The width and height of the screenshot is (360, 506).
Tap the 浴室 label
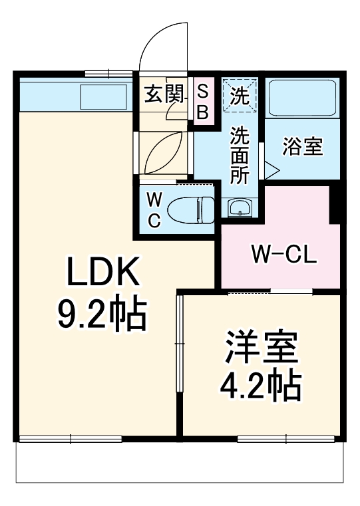coord(303,147)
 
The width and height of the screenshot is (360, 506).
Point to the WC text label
coord(153,210)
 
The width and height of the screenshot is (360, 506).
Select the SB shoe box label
coord(202,101)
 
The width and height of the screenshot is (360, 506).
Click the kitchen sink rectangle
coord(105,97)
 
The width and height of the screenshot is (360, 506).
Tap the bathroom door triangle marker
coord(271,169)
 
